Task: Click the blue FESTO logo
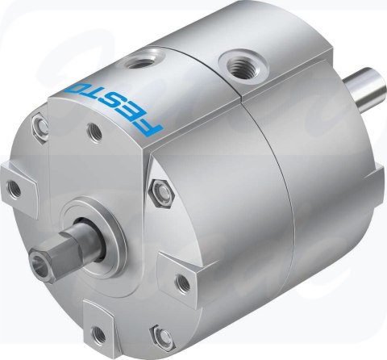tap(114, 107)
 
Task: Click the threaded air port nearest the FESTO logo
tap(139, 64)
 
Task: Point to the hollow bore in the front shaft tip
tap(40, 262)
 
